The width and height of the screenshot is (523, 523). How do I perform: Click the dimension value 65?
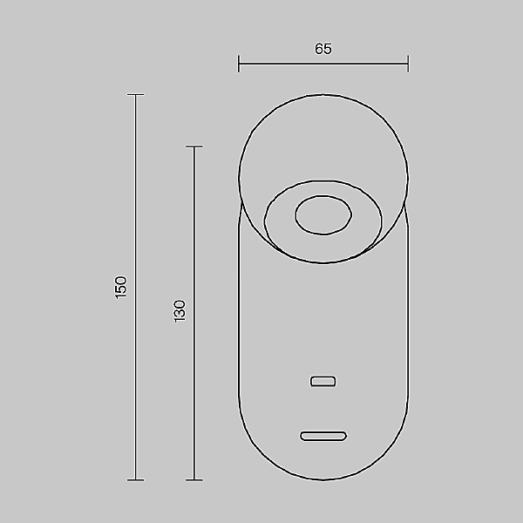pyautogui.click(x=323, y=50)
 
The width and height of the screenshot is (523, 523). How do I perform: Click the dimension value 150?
pyautogui.click(x=121, y=286)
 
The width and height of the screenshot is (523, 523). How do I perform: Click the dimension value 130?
pyautogui.click(x=180, y=311)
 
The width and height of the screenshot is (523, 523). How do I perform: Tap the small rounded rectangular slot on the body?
pyautogui.click(x=323, y=381)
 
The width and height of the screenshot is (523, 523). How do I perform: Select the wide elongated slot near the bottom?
pyautogui.click(x=323, y=435)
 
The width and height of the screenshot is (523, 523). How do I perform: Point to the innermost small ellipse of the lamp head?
pyautogui.click(x=323, y=215)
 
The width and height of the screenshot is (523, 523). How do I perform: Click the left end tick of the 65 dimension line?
pyautogui.click(x=239, y=64)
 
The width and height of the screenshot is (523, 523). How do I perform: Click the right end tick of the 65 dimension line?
pyautogui.click(x=408, y=64)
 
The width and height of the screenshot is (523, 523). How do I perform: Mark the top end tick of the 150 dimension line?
pyautogui.click(x=135, y=95)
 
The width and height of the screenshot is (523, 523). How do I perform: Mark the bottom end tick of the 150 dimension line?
pyautogui.click(x=135, y=479)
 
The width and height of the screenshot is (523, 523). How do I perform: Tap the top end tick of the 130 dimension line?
pyautogui.click(x=194, y=147)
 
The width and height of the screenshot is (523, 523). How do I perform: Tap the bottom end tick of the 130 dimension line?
pyautogui.click(x=194, y=479)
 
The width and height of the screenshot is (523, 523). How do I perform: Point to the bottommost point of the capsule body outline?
pyautogui.click(x=323, y=479)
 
